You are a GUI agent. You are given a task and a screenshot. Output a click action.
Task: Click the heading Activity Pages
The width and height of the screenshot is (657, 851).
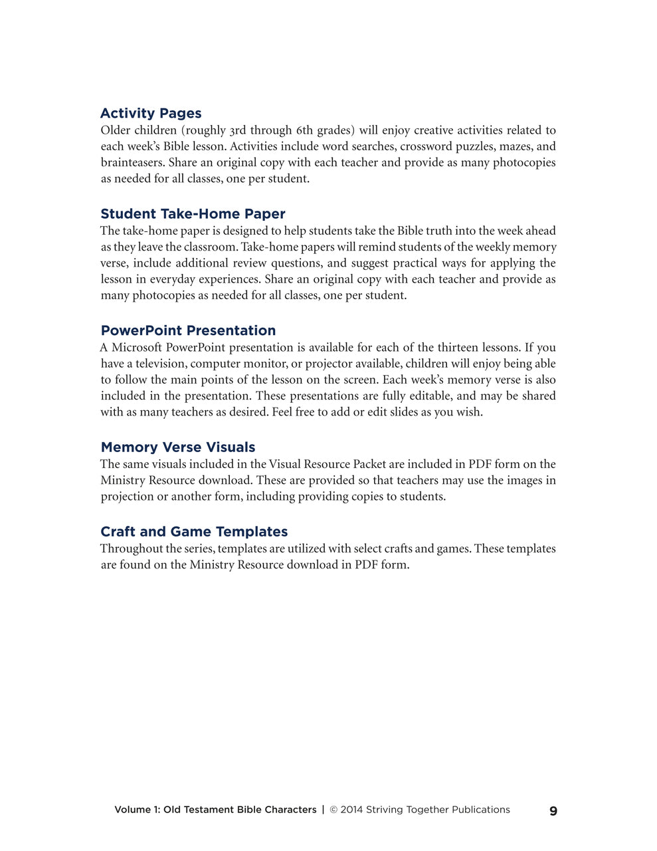click(151, 113)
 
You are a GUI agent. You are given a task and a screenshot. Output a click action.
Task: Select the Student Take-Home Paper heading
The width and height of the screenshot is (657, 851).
click(193, 213)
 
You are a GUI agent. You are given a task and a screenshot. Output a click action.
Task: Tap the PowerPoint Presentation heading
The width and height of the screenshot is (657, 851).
click(188, 330)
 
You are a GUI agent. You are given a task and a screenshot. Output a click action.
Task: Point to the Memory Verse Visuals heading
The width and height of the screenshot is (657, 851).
click(177, 447)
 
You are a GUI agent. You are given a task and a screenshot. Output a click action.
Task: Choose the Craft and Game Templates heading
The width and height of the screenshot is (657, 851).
click(194, 531)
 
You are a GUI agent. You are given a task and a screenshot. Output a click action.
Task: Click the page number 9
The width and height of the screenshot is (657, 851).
click(553, 810)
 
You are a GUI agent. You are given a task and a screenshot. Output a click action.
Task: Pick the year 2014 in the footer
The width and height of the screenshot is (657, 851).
click(351, 810)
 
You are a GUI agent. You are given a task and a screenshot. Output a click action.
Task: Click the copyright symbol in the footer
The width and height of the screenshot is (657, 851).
click(334, 810)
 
